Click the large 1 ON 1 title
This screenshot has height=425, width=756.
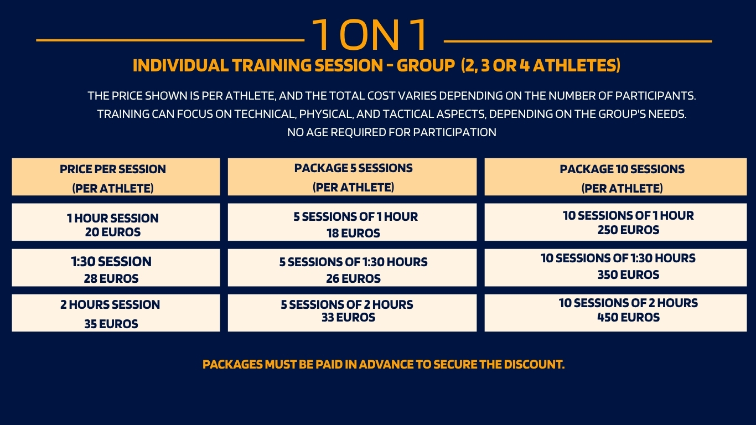(370, 35)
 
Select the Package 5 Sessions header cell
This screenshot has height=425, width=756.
(352, 177)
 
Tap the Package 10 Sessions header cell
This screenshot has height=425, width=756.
(615, 177)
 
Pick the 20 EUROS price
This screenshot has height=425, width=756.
(113, 232)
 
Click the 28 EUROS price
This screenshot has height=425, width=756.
(111, 279)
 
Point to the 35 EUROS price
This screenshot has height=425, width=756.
(111, 324)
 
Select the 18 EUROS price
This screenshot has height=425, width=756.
(353, 234)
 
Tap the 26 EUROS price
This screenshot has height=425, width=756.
(353, 279)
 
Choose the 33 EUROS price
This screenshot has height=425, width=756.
(348, 318)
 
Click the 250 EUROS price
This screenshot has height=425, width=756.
(628, 230)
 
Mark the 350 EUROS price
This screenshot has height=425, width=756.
(628, 275)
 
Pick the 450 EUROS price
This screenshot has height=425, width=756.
(628, 318)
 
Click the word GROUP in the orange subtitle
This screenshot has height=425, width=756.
(426, 65)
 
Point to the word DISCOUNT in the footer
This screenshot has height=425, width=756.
(534, 365)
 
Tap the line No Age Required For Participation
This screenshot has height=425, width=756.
(391, 132)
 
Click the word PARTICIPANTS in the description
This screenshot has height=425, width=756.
(655, 96)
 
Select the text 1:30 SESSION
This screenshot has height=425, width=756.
(111, 262)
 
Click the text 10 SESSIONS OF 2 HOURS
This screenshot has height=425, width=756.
(628, 303)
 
